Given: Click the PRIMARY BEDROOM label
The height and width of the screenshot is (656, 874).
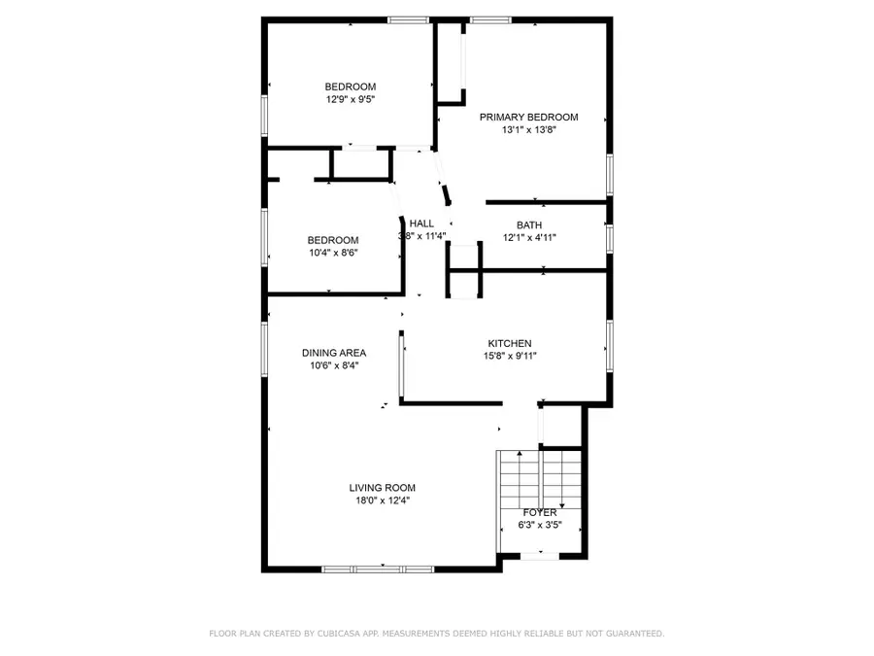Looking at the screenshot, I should (x=528, y=117).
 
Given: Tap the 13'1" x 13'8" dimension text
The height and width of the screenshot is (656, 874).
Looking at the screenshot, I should (x=528, y=130).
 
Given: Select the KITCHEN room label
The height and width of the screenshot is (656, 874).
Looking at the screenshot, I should (x=509, y=343).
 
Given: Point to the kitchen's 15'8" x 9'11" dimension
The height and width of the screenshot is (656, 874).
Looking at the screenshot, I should (x=509, y=357).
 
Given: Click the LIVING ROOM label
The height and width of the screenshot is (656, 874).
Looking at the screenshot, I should (x=383, y=488).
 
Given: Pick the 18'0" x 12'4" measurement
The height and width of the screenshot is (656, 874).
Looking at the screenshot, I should (x=383, y=501).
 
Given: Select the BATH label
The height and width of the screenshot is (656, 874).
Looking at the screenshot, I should (x=529, y=224).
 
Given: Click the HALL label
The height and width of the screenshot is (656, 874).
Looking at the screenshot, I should (x=421, y=223).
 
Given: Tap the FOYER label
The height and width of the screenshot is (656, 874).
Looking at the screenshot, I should (x=540, y=512).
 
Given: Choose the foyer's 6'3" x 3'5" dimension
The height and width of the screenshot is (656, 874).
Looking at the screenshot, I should (x=540, y=526).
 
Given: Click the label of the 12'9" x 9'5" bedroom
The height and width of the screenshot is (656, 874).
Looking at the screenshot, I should (x=350, y=86).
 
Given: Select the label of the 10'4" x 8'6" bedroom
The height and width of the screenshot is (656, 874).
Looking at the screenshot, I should (x=333, y=240).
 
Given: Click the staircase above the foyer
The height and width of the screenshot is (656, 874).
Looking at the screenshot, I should (x=539, y=476).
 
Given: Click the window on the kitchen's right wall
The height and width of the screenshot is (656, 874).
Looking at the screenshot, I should (x=609, y=347).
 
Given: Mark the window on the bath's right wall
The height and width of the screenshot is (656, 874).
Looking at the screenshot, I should (x=609, y=236).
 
